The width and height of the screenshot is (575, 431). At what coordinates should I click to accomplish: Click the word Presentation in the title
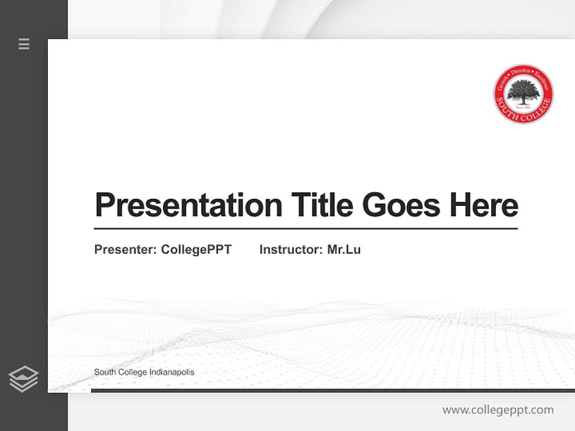[188, 205]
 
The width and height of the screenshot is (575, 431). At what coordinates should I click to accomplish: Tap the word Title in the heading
[321, 205]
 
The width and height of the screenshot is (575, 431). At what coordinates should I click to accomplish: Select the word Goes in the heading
[401, 205]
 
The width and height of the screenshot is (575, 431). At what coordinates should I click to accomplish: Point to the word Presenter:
[125, 250]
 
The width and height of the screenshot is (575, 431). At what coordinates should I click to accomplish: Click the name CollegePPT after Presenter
[196, 250]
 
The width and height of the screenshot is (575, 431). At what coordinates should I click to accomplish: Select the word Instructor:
[290, 250]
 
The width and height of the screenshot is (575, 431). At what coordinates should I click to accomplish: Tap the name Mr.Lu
[344, 250]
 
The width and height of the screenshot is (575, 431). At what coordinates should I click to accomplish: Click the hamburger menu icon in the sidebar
[24, 44]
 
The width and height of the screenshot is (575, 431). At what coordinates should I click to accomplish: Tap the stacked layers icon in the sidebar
[23, 379]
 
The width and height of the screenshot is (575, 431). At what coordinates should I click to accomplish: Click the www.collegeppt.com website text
[498, 410]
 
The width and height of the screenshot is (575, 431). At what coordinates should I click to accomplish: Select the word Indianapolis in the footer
[172, 372]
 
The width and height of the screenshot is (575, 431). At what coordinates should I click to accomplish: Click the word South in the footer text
[104, 372]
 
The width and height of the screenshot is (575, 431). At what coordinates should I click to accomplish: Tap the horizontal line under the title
[305, 229]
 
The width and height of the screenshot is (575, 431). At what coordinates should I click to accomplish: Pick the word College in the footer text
[132, 372]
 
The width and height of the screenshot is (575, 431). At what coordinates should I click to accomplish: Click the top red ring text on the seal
[523, 72]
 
